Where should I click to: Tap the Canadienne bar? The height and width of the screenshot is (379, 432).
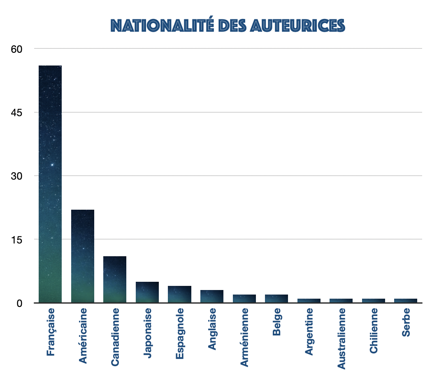coord(115,279)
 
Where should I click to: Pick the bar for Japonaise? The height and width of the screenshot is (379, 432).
coord(147,292)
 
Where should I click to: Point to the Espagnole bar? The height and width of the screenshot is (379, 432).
coord(179,294)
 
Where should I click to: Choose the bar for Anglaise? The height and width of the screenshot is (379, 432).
coord(211,296)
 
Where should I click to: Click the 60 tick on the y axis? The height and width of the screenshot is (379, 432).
coord(16,49)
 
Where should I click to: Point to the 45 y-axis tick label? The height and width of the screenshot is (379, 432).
coord(16,112)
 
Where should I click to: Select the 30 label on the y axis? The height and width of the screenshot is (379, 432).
coord(16,176)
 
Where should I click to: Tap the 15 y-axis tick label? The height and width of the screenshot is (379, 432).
coord(16,239)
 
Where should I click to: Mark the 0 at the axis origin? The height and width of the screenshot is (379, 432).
coord(19,303)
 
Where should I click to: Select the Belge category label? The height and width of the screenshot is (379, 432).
coord(276,322)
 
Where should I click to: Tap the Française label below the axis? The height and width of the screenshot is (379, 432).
coord(50,332)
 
